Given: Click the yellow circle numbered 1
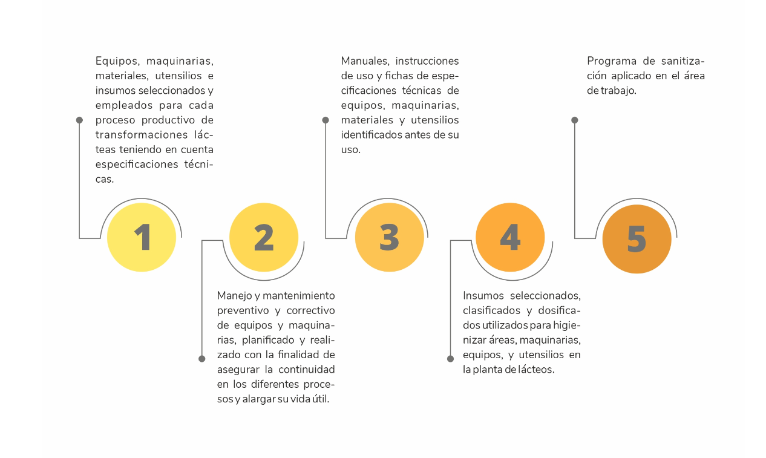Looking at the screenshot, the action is pyautogui.click(x=142, y=237).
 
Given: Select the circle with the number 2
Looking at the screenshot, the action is pyautogui.click(x=264, y=237).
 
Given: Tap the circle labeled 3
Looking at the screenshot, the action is pyautogui.click(x=390, y=237).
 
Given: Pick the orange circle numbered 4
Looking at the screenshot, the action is pyautogui.click(x=510, y=237).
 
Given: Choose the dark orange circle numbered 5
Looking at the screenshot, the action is pyautogui.click(x=637, y=239).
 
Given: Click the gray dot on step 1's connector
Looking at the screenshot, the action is pyautogui.click(x=79, y=120).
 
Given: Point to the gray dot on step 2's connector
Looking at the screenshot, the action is pyautogui.click(x=201, y=359).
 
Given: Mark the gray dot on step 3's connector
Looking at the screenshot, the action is pyautogui.click(x=326, y=120).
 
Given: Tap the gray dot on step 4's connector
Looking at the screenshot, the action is pyautogui.click(x=450, y=359).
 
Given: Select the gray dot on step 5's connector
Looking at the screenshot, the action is pyautogui.click(x=575, y=120).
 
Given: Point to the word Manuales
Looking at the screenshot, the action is pyautogui.click(x=365, y=61).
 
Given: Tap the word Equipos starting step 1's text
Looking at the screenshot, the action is pyautogui.click(x=117, y=62).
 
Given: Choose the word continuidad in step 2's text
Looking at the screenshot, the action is pyautogui.click(x=307, y=370).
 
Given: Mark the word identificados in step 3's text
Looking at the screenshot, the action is pyautogui.click(x=372, y=135).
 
